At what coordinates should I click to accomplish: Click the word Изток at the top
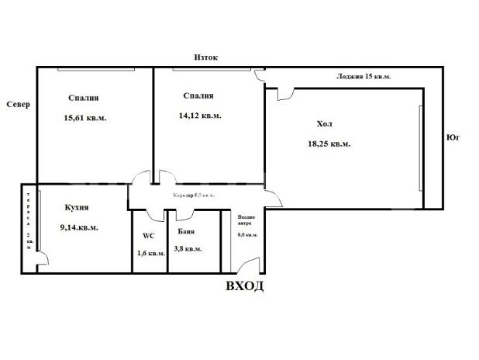pos(205,57)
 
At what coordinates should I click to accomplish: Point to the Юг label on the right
pos(454,137)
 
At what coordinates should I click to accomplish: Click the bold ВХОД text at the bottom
pos(244,286)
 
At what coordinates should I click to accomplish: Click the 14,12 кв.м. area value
pos(200,116)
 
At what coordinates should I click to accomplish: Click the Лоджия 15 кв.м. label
pos(364,77)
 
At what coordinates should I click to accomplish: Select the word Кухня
pos(77,208)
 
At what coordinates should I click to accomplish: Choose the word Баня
pos(185,232)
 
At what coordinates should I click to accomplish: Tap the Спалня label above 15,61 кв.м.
pos(83,98)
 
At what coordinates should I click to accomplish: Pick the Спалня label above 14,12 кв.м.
pos(198,96)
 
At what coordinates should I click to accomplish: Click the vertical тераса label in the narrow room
pos(29,214)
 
